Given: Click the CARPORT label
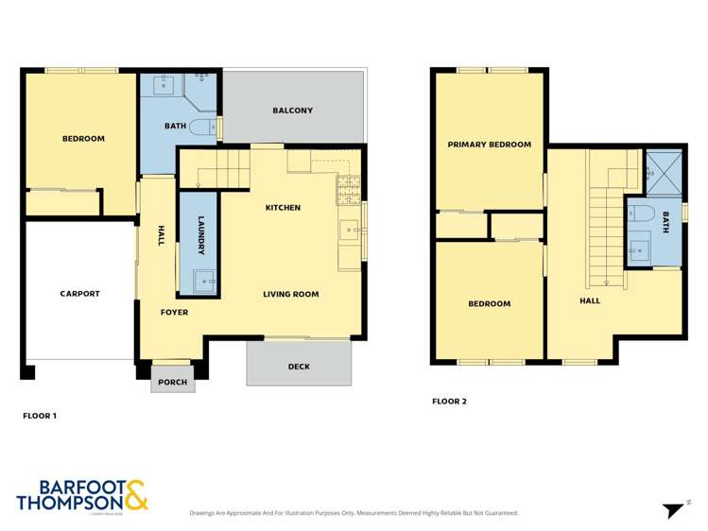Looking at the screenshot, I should pos(80,294).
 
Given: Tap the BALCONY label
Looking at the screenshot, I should pos(292,111).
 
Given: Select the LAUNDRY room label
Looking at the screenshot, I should pos(201,235).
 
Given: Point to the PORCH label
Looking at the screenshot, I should pos(172,383).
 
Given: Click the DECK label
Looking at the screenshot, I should pos(299,367).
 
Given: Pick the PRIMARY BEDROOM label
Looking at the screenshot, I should pos(489,145).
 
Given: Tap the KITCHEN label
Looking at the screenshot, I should pos(283,208).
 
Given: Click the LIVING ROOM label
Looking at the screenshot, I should pos(290,294).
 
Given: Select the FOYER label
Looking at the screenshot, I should pos(174,312).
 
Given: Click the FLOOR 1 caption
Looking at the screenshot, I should pos(40,415).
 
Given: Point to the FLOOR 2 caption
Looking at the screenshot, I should pos(449,402).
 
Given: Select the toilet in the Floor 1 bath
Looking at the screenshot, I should pos(201,127).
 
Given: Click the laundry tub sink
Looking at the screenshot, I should pos(203,280).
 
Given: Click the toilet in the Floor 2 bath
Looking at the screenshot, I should pos(639,214).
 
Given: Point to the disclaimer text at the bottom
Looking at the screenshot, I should pos(354,513).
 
